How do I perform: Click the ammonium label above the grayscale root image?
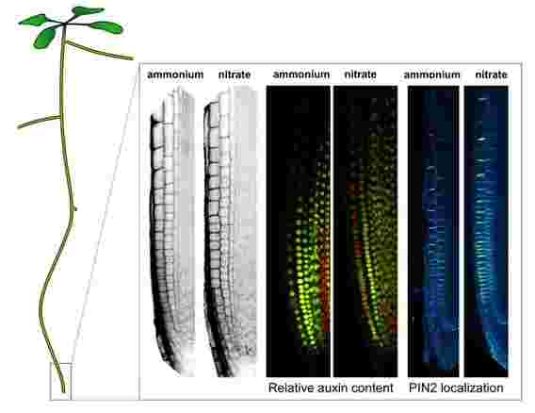click(175, 74)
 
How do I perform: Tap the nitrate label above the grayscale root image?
click(235, 74)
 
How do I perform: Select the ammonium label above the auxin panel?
click(301, 74)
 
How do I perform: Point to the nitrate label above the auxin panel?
click(361, 74)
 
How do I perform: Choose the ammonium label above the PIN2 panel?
click(432, 74)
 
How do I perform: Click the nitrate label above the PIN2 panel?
click(492, 74)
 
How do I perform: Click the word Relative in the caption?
click(291, 388)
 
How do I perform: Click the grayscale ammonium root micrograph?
click(172, 232)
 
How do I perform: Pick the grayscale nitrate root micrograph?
click(231, 232)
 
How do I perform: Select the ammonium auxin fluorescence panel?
click(299, 232)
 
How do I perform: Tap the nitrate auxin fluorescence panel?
click(365, 232)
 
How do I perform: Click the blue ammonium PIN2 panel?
click(433, 232)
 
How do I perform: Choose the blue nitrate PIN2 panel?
click(486, 232)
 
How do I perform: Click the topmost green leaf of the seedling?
click(88, 11)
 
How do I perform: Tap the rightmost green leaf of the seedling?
click(106, 27)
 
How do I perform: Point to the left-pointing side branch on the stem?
click(39, 123)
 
